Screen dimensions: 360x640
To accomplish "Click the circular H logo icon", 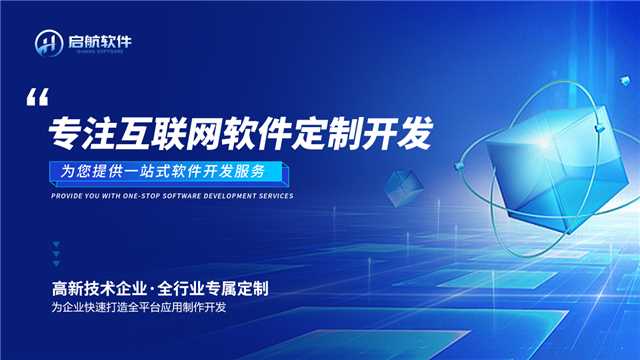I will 49,44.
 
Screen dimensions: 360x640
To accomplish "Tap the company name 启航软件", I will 99,41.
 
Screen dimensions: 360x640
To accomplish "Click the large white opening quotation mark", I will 38,98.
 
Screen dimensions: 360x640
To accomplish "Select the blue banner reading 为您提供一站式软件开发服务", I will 171,171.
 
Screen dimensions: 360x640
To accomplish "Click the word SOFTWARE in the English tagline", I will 190,196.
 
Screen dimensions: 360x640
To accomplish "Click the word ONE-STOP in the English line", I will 149,196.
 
